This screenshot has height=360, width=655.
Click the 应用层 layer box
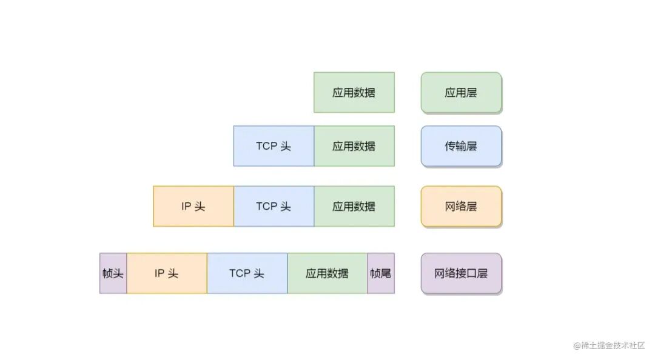click(x=461, y=93)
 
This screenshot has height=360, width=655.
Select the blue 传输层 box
click(x=461, y=146)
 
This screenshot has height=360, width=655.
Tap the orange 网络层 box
click(x=461, y=206)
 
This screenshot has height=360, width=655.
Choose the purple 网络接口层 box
click(x=461, y=273)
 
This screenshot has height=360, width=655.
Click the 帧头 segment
click(x=113, y=273)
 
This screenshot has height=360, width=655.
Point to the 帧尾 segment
click(x=381, y=273)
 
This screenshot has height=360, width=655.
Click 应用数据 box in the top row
click(x=354, y=93)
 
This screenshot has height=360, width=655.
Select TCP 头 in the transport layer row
click(x=274, y=146)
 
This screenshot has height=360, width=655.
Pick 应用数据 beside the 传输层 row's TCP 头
click(x=354, y=146)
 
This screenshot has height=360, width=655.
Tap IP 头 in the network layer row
click(x=193, y=206)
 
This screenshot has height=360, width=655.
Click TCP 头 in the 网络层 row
click(x=274, y=206)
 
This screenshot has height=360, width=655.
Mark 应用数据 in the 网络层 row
click(x=354, y=206)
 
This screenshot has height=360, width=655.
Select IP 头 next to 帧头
click(x=167, y=273)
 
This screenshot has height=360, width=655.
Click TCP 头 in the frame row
click(x=247, y=273)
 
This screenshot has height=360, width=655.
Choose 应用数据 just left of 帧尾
click(x=327, y=273)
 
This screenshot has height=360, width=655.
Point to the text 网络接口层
click(x=461, y=273)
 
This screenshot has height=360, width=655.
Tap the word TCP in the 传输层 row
click(x=266, y=146)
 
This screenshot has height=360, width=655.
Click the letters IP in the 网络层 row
click(x=186, y=206)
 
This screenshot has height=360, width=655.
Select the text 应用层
click(x=461, y=93)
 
